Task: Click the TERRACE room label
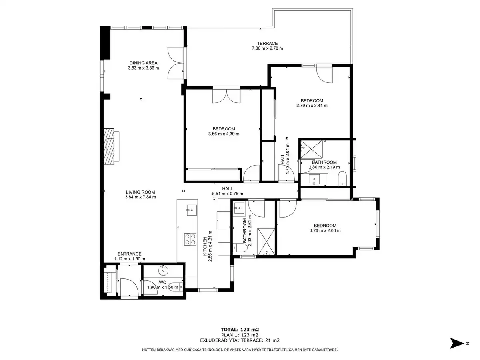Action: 267,43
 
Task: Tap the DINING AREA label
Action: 144,63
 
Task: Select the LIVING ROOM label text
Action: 140,192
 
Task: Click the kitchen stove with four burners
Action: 190,239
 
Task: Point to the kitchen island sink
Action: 192,210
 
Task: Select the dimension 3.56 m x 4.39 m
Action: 224,134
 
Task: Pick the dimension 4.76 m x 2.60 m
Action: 325,230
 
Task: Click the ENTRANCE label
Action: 130,254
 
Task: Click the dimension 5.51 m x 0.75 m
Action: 228,194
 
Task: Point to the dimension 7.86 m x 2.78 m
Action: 267,48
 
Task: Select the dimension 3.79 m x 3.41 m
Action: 312,106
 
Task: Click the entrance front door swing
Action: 129,287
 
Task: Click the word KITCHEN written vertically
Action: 205,246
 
